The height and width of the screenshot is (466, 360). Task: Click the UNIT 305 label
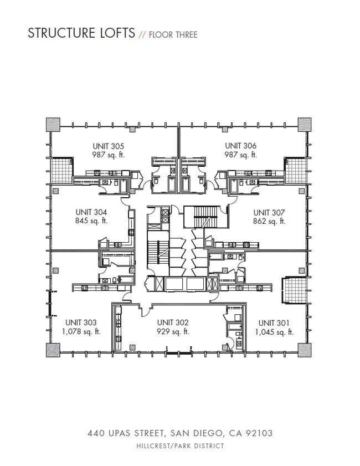109,146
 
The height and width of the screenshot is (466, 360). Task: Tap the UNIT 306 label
240,146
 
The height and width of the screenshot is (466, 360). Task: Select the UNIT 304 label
91,212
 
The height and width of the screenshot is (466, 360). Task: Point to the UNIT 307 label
269,212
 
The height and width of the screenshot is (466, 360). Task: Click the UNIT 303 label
81,322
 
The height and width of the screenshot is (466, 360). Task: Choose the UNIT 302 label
173,322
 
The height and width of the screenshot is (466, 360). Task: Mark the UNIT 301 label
274,322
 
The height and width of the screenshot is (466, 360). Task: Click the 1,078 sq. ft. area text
81,332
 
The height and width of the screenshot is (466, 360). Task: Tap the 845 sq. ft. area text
91,221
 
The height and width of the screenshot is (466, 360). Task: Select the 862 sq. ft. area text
269,221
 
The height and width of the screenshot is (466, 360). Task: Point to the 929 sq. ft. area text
173,332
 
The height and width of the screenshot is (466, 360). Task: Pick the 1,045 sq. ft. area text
274,332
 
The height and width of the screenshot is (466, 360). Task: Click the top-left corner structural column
53,124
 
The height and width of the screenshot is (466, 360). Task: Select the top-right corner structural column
305,124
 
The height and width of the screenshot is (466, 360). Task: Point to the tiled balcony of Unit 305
61,170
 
